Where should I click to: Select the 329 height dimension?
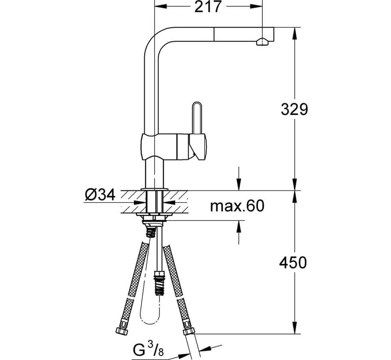pos(294,109)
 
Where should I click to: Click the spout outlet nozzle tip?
pos(261,41)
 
